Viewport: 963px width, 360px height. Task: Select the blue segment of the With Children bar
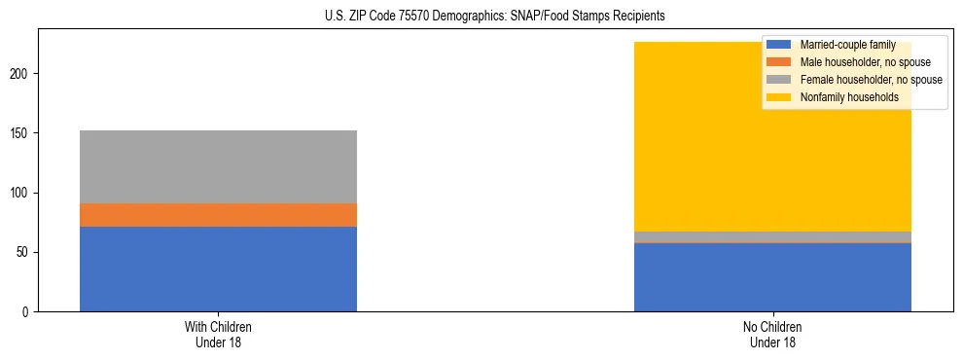[x=218, y=269]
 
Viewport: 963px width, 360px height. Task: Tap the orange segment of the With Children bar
[x=218, y=215]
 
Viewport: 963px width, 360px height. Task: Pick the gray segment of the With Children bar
[x=218, y=166]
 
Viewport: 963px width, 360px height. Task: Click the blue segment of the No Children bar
[x=772, y=277]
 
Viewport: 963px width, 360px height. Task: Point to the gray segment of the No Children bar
[x=772, y=236]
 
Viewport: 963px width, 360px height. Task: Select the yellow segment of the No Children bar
[x=681, y=146]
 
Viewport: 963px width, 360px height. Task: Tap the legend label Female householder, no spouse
[x=871, y=80]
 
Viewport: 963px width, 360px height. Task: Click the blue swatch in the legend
[x=779, y=45]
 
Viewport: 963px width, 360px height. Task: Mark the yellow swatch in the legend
[x=779, y=97]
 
